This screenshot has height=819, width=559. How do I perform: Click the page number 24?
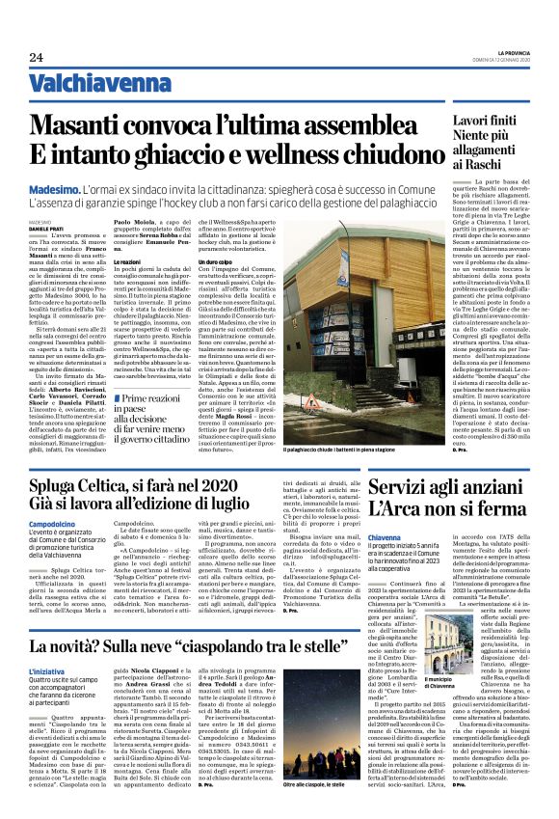tap(36, 57)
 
